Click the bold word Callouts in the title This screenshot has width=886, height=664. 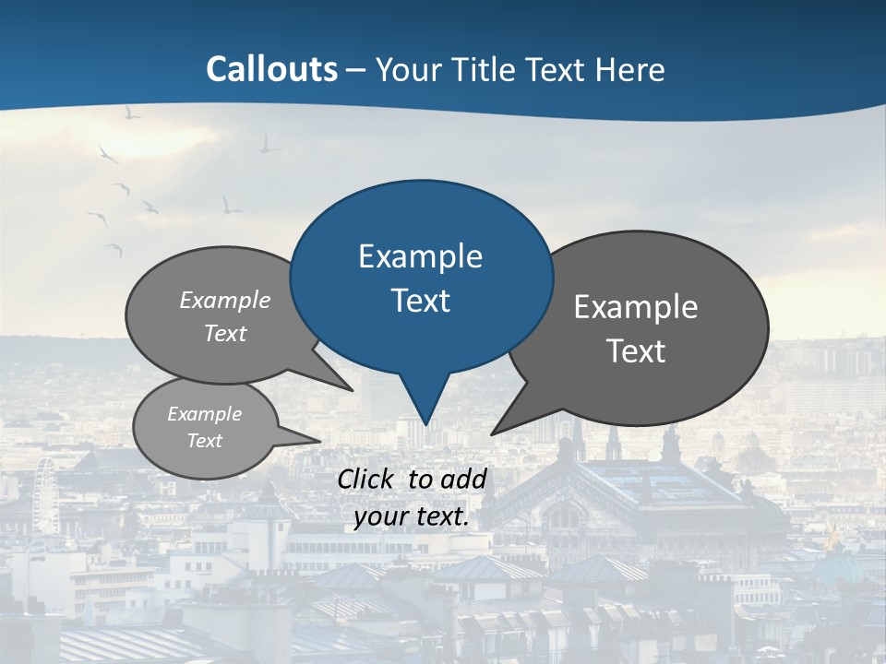pos(271,69)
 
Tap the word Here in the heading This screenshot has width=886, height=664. pos(629,70)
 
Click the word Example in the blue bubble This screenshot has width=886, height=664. pos(420,256)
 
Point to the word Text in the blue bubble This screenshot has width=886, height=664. pos(420,301)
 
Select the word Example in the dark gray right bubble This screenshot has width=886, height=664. pos(636,307)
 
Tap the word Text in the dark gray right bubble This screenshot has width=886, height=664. pos(636,351)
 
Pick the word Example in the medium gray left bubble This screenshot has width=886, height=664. pos(225,301)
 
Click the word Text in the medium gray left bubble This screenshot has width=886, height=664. pos(225,334)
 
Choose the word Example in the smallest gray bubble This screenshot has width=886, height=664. pos(204,414)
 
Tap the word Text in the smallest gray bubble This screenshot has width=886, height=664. pos(204,441)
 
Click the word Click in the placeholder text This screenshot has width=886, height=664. pos(366,479)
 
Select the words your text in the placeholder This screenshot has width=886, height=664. pos(411,517)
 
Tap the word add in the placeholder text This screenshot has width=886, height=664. pos(462,479)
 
